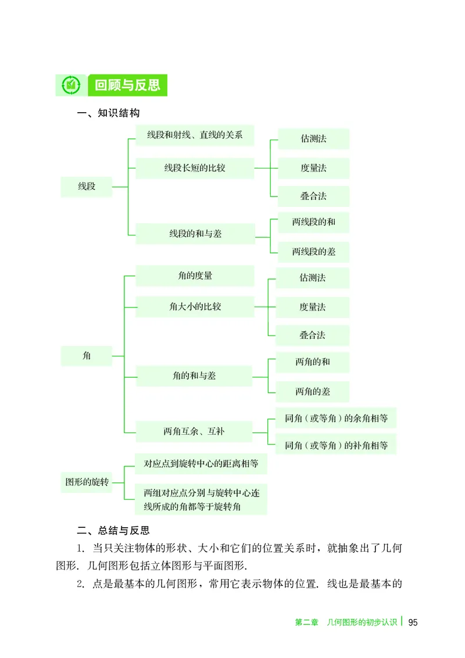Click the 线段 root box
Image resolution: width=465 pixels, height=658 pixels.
click(87, 187)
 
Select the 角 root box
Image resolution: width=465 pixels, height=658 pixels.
click(87, 355)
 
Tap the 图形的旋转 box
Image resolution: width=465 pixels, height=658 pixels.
click(87, 482)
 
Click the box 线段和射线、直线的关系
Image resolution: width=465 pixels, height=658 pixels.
click(195, 135)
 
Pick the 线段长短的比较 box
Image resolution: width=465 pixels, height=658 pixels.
click(195, 168)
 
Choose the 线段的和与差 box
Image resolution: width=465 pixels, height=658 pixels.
click(195, 234)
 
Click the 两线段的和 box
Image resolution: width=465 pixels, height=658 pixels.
click(313, 222)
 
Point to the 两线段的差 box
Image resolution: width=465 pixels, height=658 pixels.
click(313, 252)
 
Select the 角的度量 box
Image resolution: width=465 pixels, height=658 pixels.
click(195, 276)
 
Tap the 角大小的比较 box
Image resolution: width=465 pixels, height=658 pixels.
click(195, 306)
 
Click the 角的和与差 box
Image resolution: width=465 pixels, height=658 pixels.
click(194, 376)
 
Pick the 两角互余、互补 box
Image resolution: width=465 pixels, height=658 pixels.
click(194, 431)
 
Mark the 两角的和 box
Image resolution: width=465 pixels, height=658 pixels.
click(313, 362)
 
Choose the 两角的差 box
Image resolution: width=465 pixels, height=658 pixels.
click(313, 391)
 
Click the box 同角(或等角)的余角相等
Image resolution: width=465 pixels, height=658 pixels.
click(336, 418)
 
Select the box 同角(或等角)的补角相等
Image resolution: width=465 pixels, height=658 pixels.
click(336, 446)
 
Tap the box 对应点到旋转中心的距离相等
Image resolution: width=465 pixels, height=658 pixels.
click(201, 464)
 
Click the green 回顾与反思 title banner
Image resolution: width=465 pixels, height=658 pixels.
click(127, 85)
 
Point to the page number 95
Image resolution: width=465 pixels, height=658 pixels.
click(413, 622)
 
